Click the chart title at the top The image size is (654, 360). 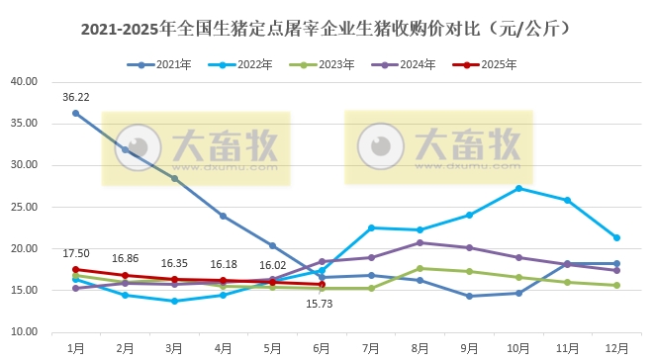(x=327, y=30)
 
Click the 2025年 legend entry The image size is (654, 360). (x=495, y=65)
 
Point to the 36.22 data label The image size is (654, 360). (x=76, y=97)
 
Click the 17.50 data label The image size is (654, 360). (x=76, y=254)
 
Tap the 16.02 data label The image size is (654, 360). (x=272, y=265)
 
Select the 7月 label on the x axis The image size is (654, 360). (x=371, y=347)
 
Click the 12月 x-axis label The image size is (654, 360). (x=616, y=347)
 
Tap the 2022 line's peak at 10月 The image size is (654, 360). (x=518, y=188)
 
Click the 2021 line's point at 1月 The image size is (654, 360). (x=76, y=113)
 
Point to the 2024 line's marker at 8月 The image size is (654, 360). (x=420, y=242)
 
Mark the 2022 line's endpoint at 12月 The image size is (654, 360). (x=616, y=237)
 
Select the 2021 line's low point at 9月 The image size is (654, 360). (x=469, y=296)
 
